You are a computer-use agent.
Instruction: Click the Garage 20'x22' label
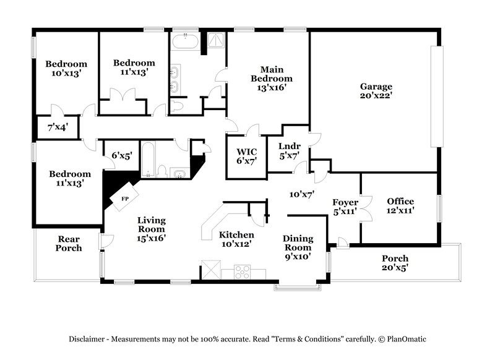click(x=376, y=91)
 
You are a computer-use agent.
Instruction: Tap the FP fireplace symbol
click(x=124, y=199)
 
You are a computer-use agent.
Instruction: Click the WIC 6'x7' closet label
click(x=243, y=155)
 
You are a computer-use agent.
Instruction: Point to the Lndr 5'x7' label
click(x=290, y=151)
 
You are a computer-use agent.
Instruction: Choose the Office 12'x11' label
click(x=400, y=206)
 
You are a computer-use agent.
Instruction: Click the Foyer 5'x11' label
click(x=345, y=207)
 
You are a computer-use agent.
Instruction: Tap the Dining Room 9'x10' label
click(x=298, y=246)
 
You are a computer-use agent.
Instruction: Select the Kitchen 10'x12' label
click(x=236, y=240)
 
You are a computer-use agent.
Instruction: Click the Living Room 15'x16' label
click(x=152, y=228)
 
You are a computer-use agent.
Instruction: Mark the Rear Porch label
click(x=69, y=244)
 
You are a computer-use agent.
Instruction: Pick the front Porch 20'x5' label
click(x=395, y=263)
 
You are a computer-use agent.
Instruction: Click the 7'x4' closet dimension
click(x=58, y=128)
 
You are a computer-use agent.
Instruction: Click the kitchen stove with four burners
click(x=241, y=273)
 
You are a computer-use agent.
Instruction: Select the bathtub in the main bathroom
click(x=184, y=43)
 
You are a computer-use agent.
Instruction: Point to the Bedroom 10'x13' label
click(x=66, y=69)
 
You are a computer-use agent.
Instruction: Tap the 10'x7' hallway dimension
click(x=303, y=194)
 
